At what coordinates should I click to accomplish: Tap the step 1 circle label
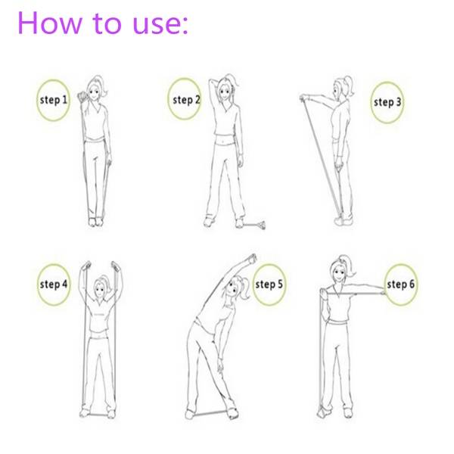tap(53, 100)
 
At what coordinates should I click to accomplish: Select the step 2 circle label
tap(185, 99)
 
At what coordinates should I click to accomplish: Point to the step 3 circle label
tap(387, 102)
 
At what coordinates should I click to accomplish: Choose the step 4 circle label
tap(54, 285)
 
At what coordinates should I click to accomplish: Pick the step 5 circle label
tap(269, 285)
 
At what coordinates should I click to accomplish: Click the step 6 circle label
tap(401, 285)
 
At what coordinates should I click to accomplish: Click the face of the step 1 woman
tap(93, 92)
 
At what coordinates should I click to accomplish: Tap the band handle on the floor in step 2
tap(256, 225)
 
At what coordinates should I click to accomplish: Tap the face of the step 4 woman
tap(100, 289)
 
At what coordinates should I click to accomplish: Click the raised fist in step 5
tap(252, 259)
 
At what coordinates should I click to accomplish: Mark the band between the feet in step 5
tap(210, 413)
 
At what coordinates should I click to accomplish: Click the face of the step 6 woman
tap(337, 273)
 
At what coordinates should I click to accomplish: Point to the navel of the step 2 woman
tap(223, 142)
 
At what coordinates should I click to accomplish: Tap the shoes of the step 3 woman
tap(344, 221)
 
